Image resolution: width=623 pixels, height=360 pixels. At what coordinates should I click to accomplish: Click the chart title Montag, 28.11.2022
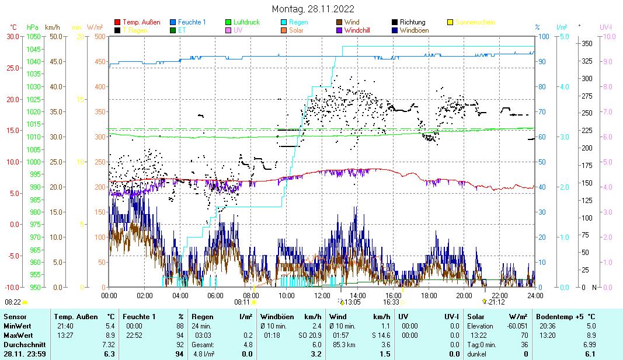[x=312, y=9]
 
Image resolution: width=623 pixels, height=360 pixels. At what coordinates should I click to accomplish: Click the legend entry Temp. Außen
[x=141, y=22]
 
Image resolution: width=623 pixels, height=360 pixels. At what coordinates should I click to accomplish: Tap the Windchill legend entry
[x=361, y=30]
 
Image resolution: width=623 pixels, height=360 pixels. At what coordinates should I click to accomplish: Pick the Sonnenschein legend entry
[x=475, y=22]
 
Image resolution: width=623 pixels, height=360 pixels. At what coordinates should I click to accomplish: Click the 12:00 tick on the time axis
[x=322, y=295]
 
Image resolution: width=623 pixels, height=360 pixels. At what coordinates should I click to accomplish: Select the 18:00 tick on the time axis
[x=429, y=295]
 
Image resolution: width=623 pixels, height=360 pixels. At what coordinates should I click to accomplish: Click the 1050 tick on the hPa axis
[x=33, y=36]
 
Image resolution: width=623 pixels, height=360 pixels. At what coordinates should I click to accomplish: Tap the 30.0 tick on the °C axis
[x=13, y=36]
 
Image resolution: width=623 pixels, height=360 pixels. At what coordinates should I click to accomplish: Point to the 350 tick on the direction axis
[x=587, y=43]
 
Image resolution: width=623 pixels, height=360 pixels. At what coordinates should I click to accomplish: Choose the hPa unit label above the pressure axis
[x=33, y=27]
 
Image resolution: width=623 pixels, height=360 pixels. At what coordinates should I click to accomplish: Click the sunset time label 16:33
[x=391, y=302]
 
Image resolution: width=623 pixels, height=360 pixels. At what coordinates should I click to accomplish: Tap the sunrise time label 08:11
[x=242, y=302]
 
